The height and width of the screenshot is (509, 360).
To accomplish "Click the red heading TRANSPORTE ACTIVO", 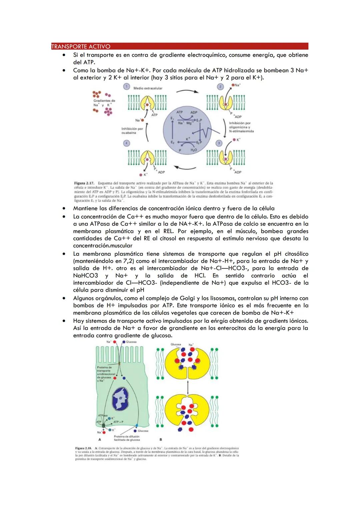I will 81,46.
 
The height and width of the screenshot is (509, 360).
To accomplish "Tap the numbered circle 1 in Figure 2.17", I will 126,87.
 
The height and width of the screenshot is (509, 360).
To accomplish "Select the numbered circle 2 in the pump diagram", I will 220,87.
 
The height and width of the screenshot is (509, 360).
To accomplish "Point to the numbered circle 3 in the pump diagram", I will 219,143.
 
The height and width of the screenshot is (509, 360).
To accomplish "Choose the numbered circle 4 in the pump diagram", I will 126,143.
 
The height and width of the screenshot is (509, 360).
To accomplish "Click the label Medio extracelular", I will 148,88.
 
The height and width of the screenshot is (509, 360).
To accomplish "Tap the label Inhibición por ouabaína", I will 132,130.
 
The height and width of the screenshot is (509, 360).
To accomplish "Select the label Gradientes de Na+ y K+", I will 104,103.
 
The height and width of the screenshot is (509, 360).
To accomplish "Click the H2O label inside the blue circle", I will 194,150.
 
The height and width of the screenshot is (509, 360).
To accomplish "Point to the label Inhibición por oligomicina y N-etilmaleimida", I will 241,127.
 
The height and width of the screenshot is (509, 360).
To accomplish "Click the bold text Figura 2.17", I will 84,183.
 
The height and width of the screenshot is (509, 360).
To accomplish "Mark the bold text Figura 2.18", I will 83,448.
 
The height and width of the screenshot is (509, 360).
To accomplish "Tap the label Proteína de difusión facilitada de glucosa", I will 127,438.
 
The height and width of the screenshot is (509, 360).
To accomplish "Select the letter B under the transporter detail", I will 161,440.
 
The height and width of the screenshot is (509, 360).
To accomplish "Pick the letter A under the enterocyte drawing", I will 99,440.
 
